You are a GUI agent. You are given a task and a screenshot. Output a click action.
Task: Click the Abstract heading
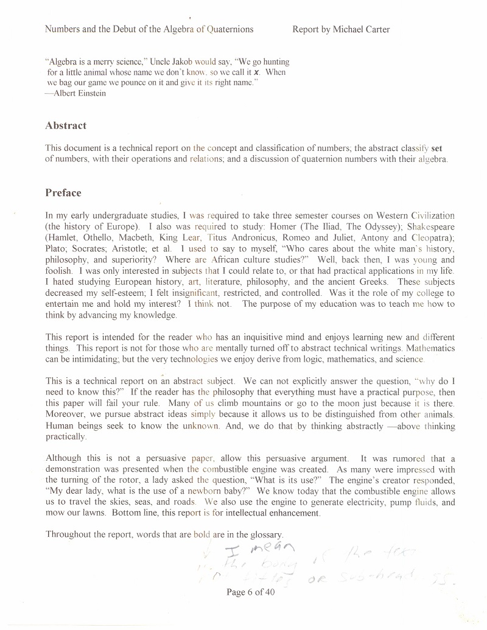point(66,126)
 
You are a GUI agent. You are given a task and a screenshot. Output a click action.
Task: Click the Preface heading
point(63,193)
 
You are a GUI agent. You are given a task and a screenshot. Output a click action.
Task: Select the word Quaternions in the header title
point(229,29)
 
